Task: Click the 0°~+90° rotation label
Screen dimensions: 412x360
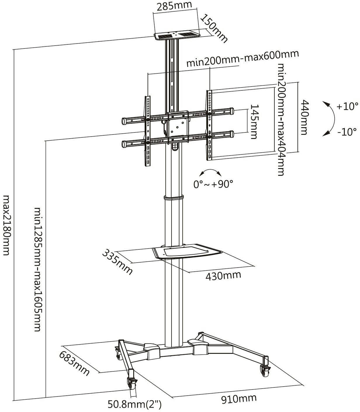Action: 214,184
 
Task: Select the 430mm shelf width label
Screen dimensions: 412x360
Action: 223,275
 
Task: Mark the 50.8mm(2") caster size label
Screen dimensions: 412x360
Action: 135,405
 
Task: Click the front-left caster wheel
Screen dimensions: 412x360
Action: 131,383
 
